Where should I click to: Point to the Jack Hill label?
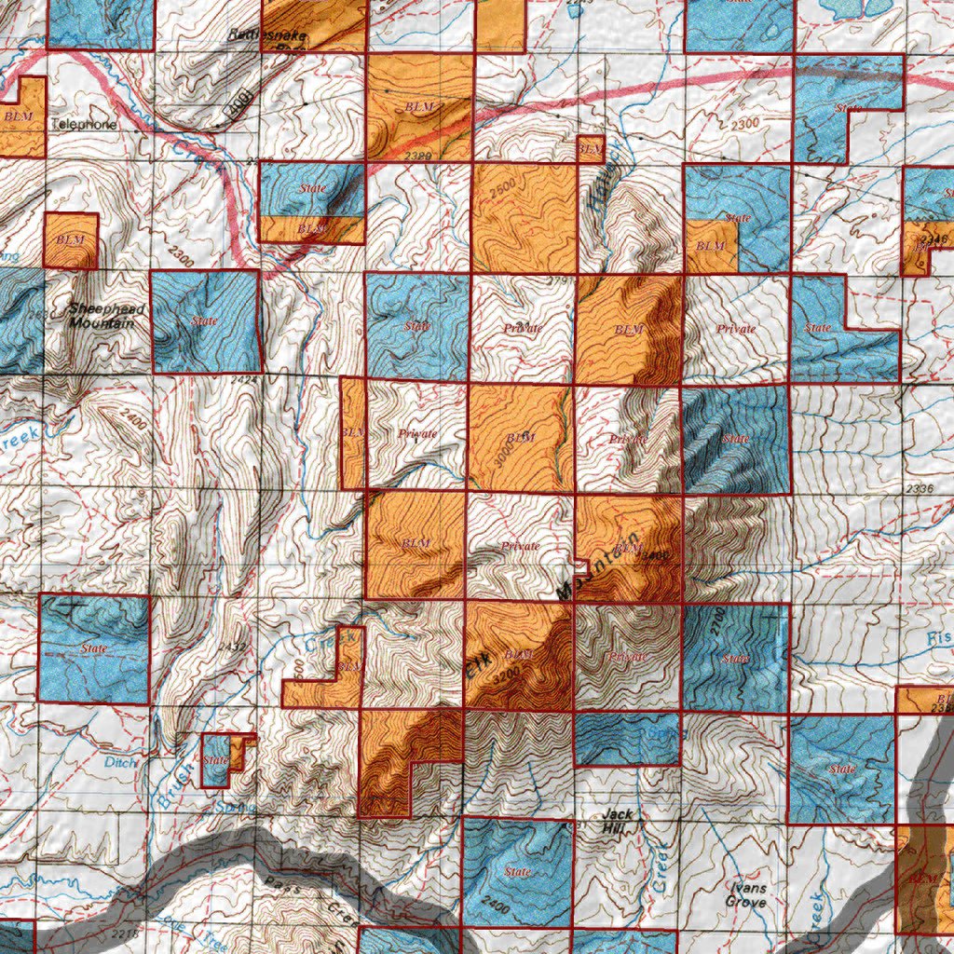(617, 821)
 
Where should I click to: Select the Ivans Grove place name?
(749, 896)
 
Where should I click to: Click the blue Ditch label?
(121, 762)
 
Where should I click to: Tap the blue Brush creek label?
(187, 770)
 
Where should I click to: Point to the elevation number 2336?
(919, 488)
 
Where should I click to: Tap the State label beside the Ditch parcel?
(215, 760)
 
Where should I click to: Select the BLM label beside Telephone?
(18, 116)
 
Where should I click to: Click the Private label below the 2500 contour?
(523, 329)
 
